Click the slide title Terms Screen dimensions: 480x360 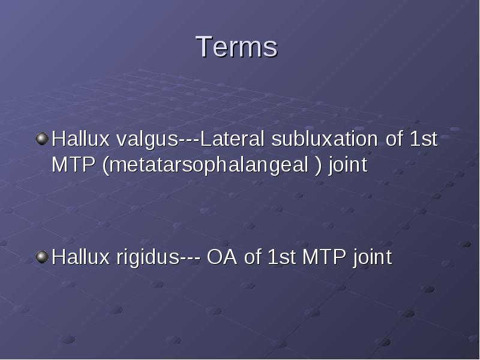(x=236, y=47)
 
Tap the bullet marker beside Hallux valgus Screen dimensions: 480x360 (x=42, y=139)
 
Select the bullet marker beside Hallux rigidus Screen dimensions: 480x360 (x=42, y=257)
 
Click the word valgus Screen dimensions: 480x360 (x=147, y=140)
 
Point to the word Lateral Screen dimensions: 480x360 (x=232, y=139)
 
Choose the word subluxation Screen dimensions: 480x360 (x=325, y=139)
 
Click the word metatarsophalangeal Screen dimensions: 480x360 (x=208, y=166)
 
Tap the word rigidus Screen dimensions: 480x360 (x=148, y=258)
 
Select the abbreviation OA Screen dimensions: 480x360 (x=222, y=257)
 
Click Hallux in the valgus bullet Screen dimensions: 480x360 (x=80, y=139)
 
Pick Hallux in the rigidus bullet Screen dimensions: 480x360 (x=80, y=257)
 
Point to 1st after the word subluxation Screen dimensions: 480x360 (x=424, y=139)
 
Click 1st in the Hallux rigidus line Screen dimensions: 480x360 (x=281, y=257)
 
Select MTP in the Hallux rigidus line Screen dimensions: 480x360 (x=324, y=257)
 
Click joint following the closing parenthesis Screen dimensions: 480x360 (x=348, y=166)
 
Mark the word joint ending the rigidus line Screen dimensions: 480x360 (x=373, y=258)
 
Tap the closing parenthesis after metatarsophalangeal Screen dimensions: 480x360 (x=319, y=166)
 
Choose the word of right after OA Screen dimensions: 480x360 (x=253, y=257)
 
